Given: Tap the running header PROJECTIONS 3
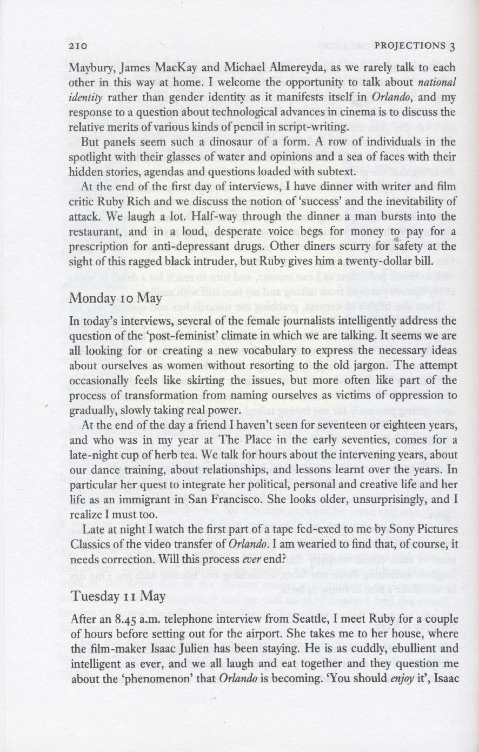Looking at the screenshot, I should [x=415, y=46].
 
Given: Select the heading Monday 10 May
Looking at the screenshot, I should [x=108, y=298].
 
